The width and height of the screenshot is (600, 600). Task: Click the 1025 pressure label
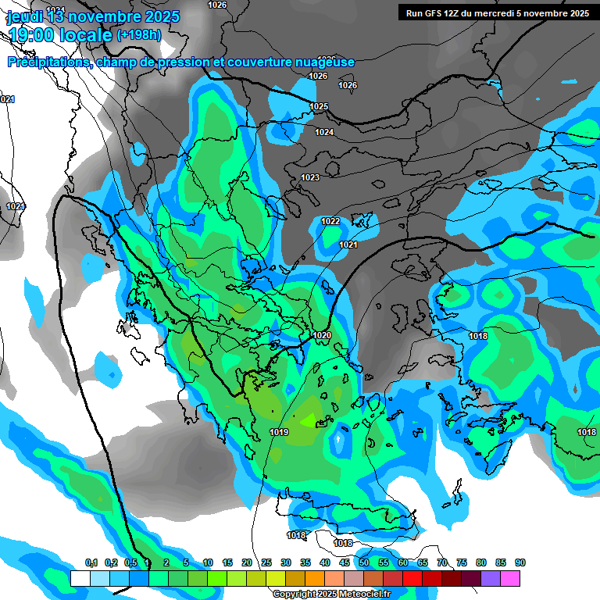(x=319, y=106)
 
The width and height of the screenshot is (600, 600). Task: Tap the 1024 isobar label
(x=324, y=132)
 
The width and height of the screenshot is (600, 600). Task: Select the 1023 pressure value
(x=310, y=177)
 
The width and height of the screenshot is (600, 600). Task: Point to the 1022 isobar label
(x=330, y=221)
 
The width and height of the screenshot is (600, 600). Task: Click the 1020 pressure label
(x=322, y=335)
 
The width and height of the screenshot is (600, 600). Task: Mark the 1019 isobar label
(x=279, y=432)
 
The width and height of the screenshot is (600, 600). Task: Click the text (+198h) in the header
(x=139, y=34)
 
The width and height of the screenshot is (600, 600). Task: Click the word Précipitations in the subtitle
(x=48, y=62)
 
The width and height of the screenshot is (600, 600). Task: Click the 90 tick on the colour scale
(x=520, y=562)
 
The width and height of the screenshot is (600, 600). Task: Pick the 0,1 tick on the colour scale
(x=91, y=562)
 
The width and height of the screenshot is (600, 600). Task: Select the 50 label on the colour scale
(x=364, y=562)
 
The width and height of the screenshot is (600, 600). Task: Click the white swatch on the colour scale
(x=80, y=578)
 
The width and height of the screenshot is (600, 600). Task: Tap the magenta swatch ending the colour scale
(x=510, y=578)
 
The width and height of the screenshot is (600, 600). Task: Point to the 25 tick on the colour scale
(x=266, y=562)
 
